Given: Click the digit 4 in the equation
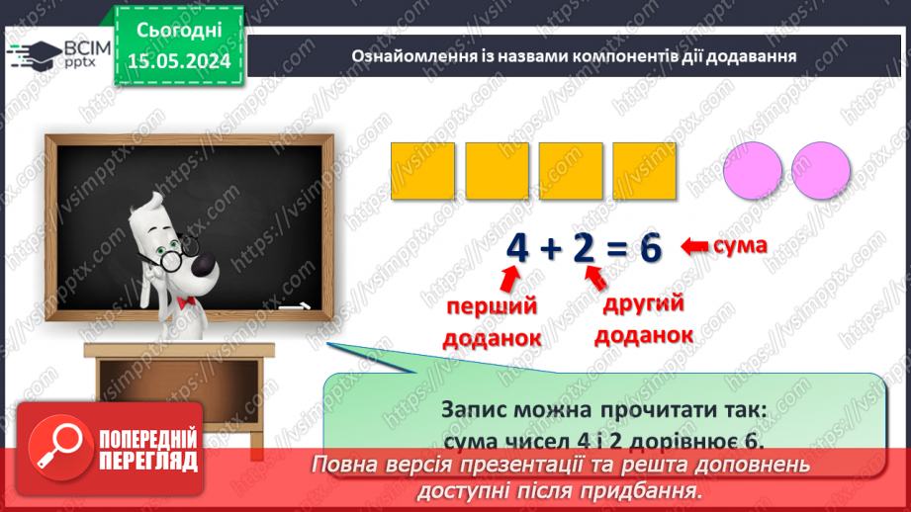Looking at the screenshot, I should (x=515, y=250).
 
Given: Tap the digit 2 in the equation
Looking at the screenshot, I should (x=584, y=250).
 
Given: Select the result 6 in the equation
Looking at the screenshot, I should (x=649, y=250).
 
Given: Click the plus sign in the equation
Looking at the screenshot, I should (x=549, y=251).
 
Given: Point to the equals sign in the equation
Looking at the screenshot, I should (x=616, y=251).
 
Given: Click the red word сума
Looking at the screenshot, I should (x=739, y=244).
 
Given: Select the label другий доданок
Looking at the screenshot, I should (x=643, y=318).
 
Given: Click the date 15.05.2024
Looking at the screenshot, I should (x=180, y=61).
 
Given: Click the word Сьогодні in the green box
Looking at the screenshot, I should (x=180, y=33).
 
